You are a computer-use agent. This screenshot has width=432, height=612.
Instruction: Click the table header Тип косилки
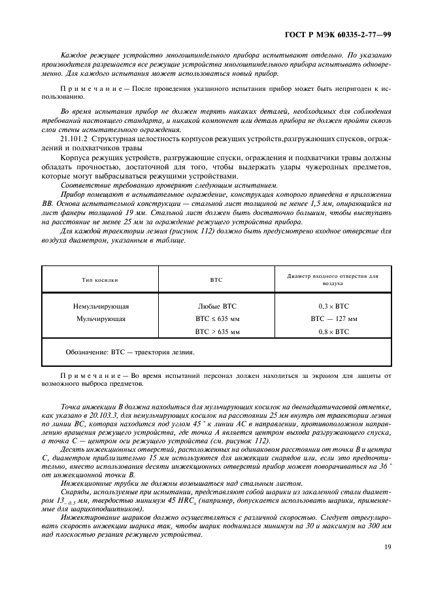coord(100,279)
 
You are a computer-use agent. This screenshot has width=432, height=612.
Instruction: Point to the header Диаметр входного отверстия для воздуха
coord(333,279)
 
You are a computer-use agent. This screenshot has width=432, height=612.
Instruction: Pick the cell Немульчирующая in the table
coord(101,306)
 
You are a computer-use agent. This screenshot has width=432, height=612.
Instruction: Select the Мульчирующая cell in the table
coord(101,319)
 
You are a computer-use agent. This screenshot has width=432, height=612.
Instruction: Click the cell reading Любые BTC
coord(216,306)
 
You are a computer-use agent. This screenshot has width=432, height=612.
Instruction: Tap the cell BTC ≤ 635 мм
coord(217,319)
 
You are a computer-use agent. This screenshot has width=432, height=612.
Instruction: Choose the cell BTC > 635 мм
coord(217,332)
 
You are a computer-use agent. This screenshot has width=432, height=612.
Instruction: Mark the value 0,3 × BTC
coord(333,306)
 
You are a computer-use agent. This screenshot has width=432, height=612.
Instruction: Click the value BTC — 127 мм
coord(333,319)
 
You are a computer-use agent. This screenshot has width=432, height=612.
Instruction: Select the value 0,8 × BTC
coord(333,332)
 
